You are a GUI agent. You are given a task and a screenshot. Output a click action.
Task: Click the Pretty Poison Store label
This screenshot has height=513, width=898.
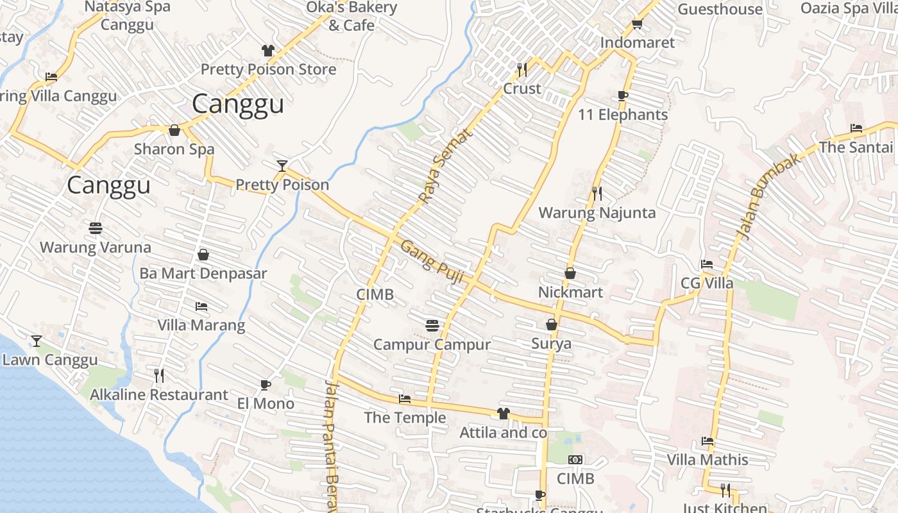click(x=268, y=69)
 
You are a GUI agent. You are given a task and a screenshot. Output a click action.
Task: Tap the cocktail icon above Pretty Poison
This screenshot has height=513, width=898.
click(x=282, y=166)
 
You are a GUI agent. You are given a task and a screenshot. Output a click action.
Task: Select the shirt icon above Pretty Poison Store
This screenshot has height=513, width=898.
click(x=267, y=51)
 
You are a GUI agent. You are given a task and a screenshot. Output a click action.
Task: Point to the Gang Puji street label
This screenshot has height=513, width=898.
click(x=432, y=258)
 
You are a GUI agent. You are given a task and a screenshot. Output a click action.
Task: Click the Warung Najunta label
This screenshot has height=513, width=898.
click(x=597, y=213)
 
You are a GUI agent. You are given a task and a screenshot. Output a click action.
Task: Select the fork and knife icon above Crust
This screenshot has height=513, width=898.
click(x=522, y=68)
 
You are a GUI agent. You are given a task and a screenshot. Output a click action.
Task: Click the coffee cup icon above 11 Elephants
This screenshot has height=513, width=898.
click(x=622, y=96)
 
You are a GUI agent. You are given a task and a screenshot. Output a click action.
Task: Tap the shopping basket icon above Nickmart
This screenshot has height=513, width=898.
click(x=570, y=274)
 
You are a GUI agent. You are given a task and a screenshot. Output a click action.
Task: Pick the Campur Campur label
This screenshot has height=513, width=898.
click(x=432, y=344)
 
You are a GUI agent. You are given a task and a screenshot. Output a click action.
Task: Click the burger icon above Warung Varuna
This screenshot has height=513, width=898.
click(x=96, y=228)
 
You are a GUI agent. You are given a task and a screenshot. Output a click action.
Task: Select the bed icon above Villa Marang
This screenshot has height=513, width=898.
click(x=201, y=307)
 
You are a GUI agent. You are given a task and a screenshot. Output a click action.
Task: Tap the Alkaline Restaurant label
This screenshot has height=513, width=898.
click(x=158, y=394)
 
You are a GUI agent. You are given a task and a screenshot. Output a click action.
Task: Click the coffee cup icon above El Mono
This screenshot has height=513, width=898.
click(x=266, y=385)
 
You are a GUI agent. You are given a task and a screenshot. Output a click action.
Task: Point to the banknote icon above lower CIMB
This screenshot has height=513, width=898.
click(x=575, y=460)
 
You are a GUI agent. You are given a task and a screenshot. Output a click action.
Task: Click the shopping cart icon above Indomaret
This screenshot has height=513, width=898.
click(x=637, y=24)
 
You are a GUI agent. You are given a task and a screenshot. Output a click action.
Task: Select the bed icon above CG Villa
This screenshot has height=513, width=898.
click(x=707, y=264)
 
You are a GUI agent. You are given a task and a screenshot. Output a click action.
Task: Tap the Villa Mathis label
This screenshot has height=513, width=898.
click(x=707, y=460)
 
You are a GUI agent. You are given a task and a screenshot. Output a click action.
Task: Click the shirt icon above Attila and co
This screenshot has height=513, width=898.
click(x=503, y=414)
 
